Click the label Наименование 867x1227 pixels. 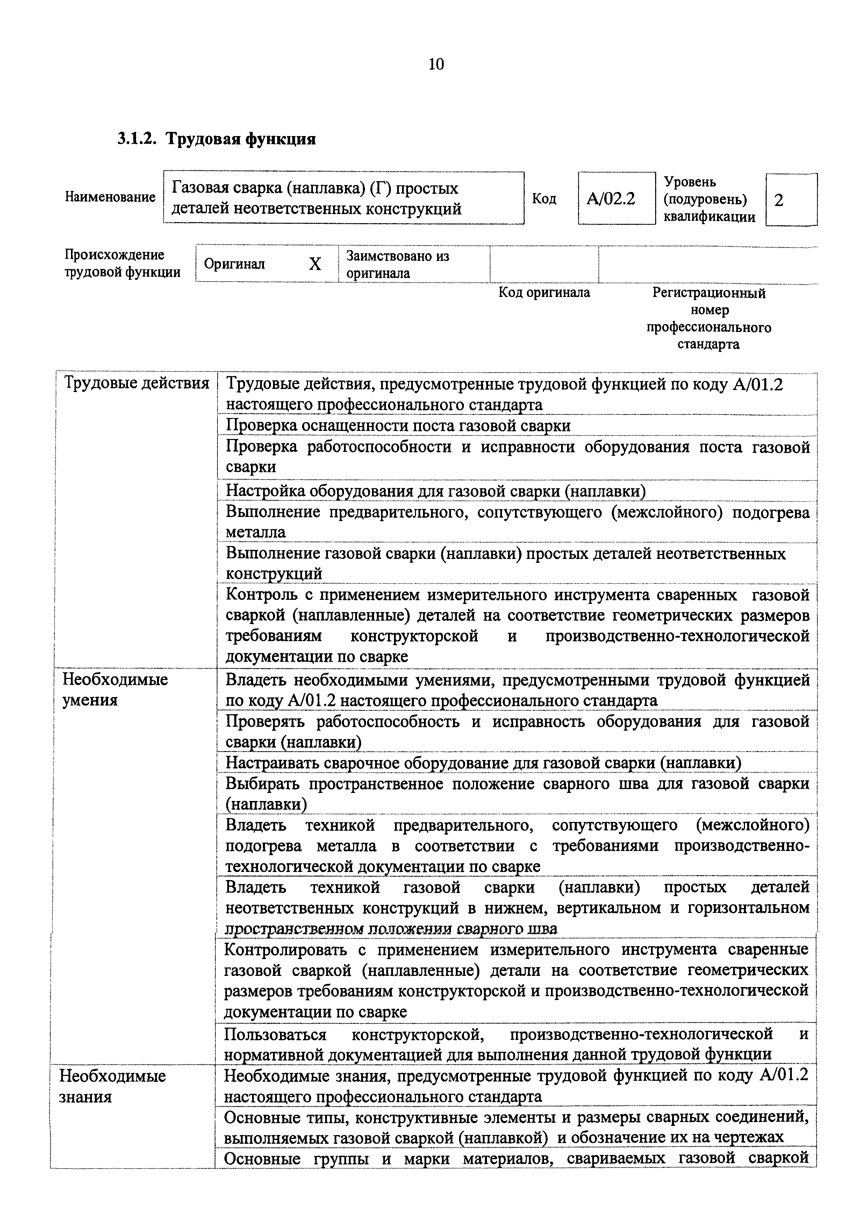coord(110,197)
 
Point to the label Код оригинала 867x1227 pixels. coord(544,293)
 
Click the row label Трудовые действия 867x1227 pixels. coord(136,384)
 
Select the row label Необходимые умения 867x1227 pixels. coord(115,689)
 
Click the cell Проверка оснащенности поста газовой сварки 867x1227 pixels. coord(398,426)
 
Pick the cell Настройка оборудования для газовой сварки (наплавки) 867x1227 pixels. coord(435,491)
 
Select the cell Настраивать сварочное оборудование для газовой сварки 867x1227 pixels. coord(483,763)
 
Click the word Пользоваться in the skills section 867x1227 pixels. coord(275,1034)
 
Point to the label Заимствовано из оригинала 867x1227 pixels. coord(398,264)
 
